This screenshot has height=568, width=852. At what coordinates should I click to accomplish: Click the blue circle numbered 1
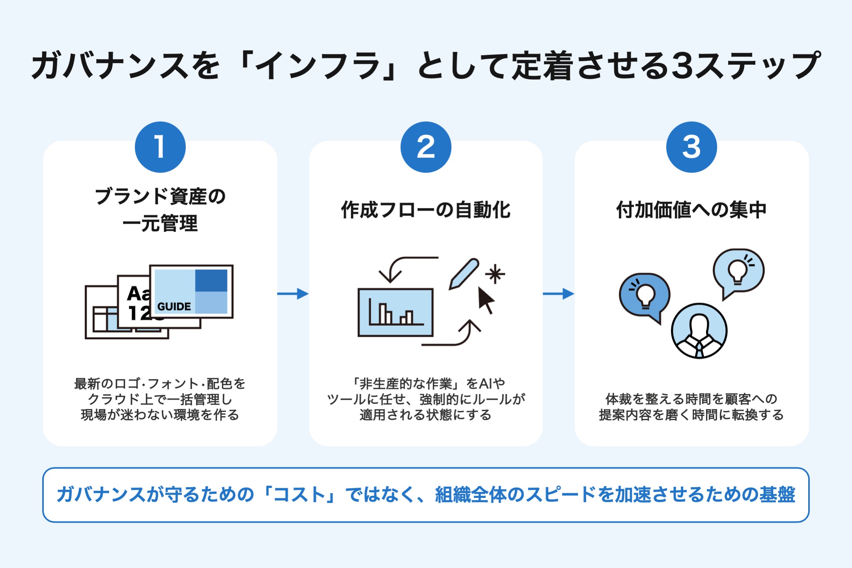160,147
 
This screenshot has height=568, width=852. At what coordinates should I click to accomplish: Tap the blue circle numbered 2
426,147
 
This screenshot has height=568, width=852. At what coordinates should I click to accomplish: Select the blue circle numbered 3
691,147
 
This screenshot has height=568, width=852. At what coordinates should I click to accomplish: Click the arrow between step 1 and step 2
293,293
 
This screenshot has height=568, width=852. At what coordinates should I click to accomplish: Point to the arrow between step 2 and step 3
558,293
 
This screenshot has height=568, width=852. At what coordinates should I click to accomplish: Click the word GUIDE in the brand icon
174,306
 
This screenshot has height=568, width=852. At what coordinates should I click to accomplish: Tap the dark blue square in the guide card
211,280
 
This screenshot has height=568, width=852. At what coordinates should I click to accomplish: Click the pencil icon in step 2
464,274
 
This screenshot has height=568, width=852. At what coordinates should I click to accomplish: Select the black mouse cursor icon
486,300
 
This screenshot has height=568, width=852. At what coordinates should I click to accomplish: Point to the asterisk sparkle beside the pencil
495,274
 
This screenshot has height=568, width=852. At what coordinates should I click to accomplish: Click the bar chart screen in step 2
395,312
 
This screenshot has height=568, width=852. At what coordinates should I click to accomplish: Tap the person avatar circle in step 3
699,331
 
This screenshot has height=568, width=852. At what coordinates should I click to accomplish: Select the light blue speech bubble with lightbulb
738,271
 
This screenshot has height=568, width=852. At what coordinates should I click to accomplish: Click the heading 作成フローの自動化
426,210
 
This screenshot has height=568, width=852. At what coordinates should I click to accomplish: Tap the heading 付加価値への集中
691,210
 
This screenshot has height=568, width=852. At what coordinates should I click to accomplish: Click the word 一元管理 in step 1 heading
160,224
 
